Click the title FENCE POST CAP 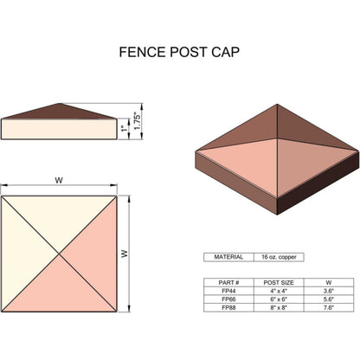[180, 52]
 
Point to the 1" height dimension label [124, 130]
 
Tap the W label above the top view [59, 181]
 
